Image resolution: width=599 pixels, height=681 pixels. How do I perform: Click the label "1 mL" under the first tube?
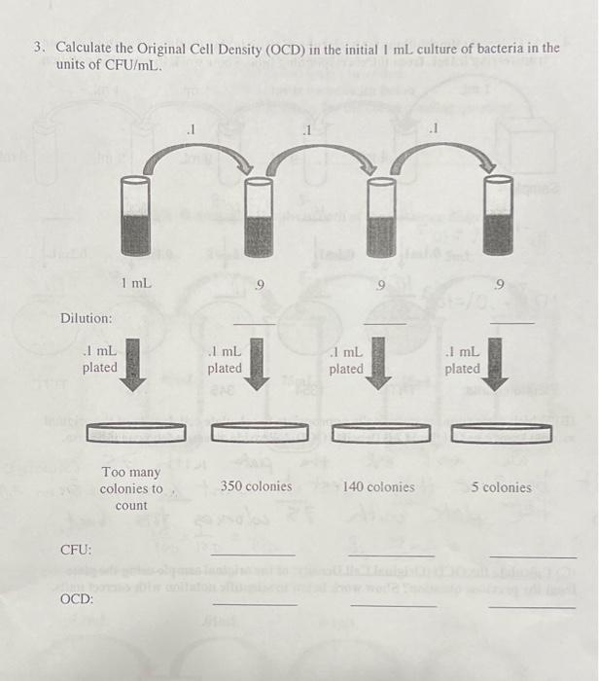coord(136,283)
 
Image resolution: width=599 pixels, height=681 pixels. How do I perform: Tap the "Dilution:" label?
coord(87,319)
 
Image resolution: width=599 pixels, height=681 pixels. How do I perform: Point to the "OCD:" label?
coord(77,599)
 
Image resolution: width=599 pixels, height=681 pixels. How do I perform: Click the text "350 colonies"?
coord(256,485)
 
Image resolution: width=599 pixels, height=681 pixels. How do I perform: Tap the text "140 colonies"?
coord(378,486)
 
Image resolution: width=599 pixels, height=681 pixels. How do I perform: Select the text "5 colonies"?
coord(502,486)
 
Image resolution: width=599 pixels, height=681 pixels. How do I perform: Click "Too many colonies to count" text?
coord(131,489)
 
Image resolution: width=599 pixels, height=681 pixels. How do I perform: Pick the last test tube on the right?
coord(497,219)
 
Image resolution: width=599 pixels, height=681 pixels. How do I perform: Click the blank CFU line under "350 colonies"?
coord(254,555)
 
